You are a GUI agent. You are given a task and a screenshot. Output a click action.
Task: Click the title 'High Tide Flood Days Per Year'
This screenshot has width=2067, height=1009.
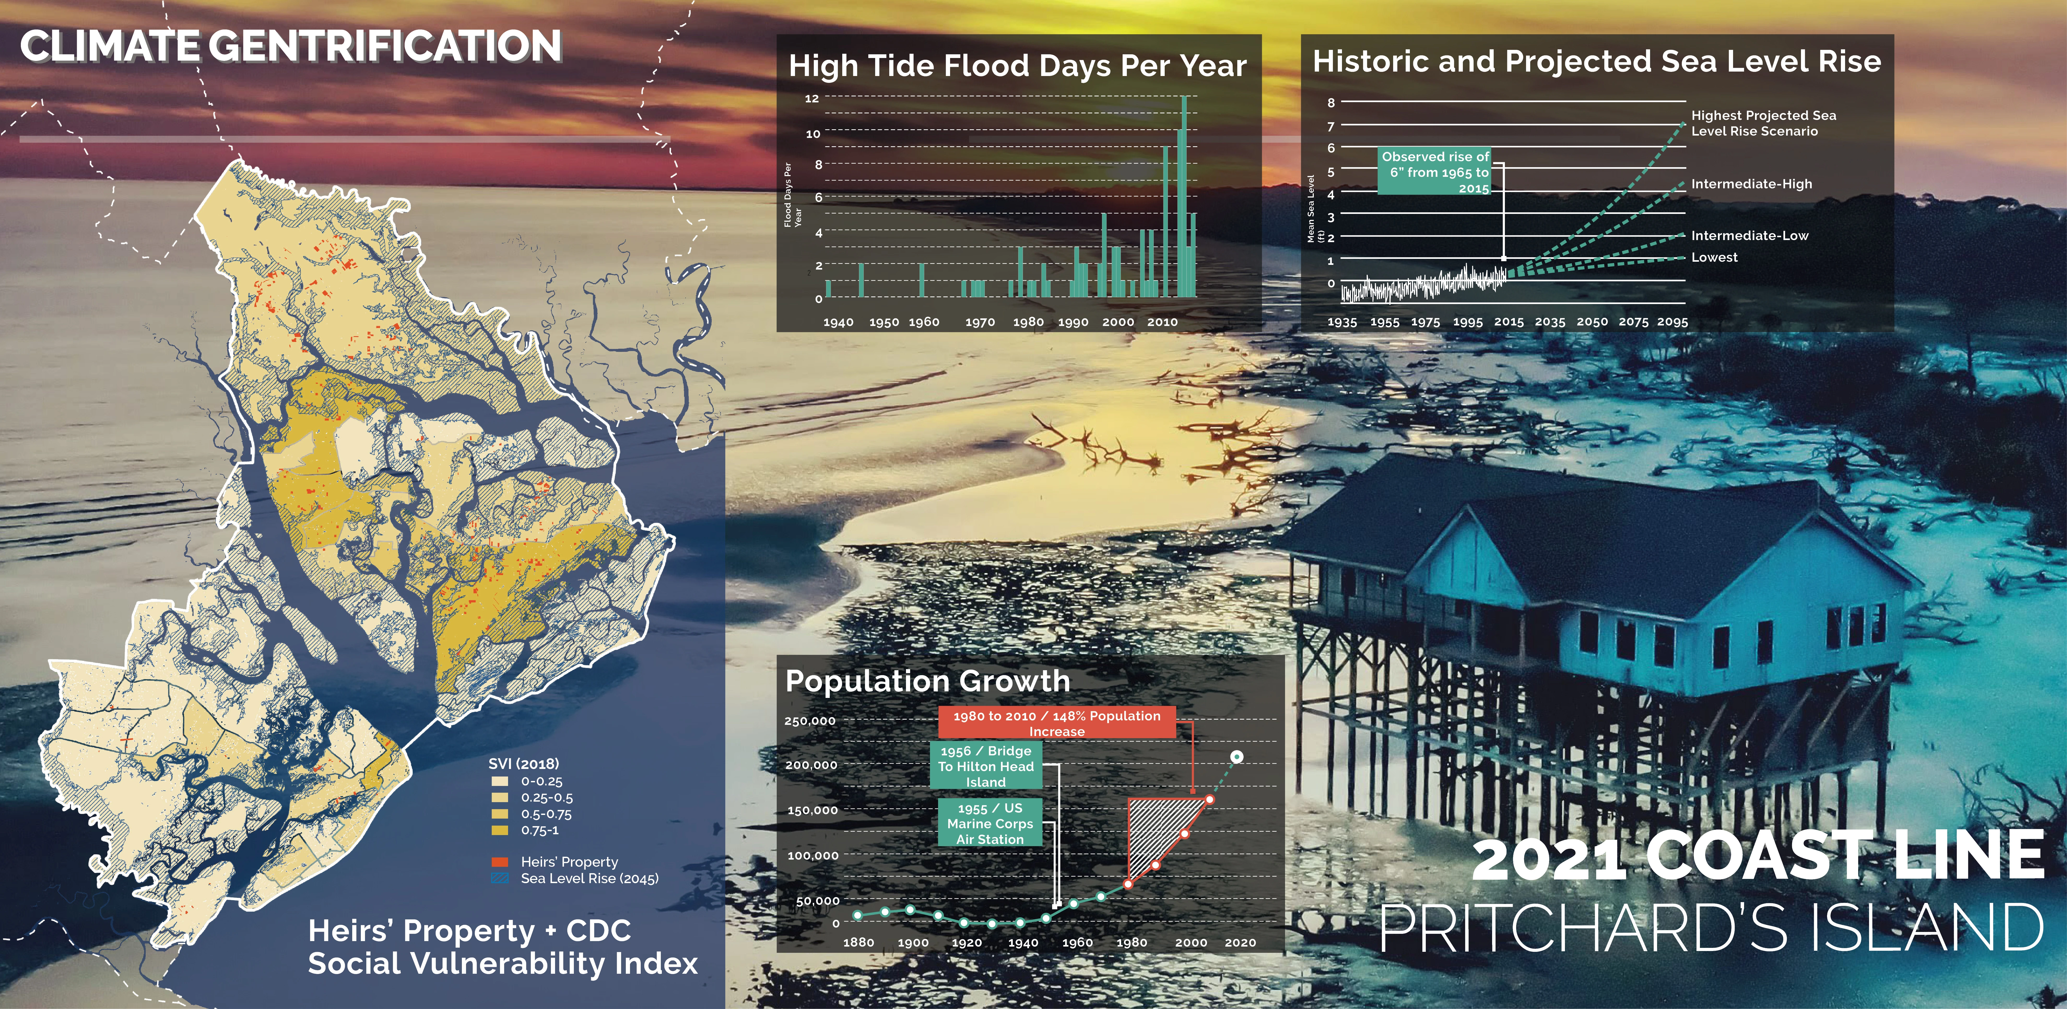point(1017,66)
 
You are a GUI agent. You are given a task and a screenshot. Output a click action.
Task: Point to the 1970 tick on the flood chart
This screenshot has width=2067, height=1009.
point(980,322)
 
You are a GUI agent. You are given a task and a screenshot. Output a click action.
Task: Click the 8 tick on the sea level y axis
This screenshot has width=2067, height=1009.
point(1331,103)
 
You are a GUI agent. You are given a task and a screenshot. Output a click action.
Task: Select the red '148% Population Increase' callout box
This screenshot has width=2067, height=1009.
point(1057,722)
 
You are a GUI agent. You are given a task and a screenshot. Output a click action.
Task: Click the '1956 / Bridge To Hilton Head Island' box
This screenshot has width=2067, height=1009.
point(985,766)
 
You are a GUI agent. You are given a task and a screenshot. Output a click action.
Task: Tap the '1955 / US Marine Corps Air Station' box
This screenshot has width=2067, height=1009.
point(990,823)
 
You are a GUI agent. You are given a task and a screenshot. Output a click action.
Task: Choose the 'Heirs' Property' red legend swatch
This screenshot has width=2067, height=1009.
point(499,862)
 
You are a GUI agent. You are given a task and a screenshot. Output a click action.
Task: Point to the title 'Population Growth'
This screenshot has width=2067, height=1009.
point(928,681)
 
